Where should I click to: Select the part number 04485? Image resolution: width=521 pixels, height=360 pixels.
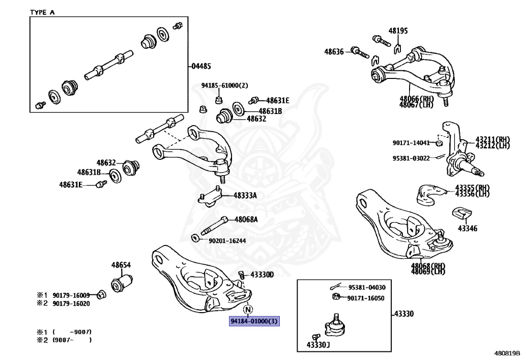point(201,66)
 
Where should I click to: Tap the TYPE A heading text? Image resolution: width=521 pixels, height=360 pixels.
point(42,12)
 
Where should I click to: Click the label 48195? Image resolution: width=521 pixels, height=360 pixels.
point(398,31)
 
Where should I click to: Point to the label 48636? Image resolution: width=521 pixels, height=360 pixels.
point(334,51)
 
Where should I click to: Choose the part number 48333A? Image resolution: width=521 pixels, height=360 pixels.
point(245,195)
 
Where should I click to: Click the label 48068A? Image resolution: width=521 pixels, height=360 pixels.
point(246,220)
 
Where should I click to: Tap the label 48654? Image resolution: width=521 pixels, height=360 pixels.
point(121,265)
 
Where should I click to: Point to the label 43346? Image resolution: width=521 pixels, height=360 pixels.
point(467,229)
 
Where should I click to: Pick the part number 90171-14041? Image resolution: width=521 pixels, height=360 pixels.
point(411,143)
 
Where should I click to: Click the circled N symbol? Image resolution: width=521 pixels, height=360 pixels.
point(248,309)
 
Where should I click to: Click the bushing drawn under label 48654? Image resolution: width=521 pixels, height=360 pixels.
point(122,283)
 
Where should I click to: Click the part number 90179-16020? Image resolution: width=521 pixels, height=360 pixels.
point(71,303)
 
